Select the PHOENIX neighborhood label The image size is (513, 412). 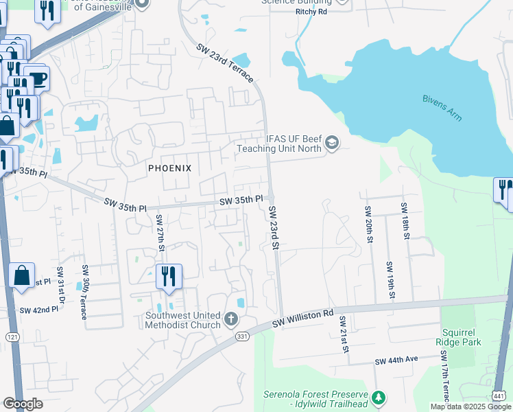point(169,168)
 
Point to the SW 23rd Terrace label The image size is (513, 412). point(225,65)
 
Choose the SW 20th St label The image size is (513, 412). point(369,224)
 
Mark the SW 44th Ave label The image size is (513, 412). point(396,360)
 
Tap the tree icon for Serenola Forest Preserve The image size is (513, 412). point(377,398)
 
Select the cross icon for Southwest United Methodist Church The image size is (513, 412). point(231,320)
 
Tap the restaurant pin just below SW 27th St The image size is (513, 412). point(169,277)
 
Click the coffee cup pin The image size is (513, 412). point(37,78)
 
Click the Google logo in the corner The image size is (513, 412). point(23,404)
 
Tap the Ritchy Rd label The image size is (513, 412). point(311,12)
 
